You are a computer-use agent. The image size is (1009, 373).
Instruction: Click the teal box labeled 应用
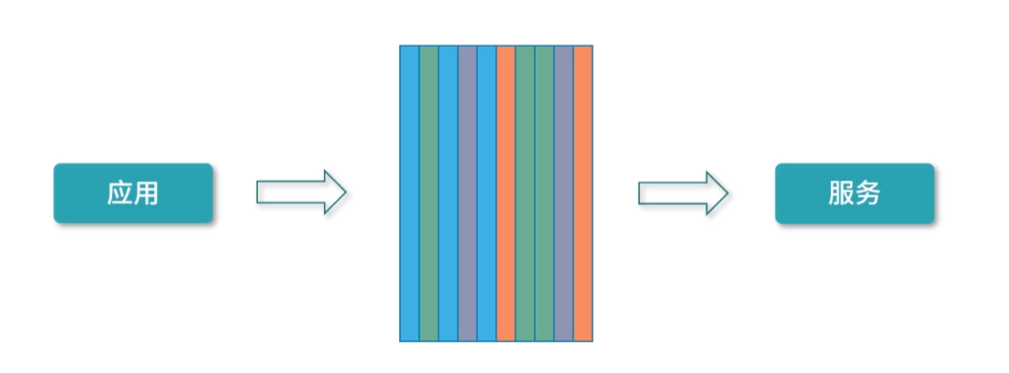click(133, 193)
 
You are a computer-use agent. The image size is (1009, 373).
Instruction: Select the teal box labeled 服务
click(854, 193)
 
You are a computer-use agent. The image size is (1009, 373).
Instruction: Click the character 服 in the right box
click(841, 193)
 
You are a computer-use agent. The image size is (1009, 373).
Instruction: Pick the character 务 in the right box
click(868, 193)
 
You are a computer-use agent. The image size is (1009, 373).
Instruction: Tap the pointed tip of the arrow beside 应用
click(344, 192)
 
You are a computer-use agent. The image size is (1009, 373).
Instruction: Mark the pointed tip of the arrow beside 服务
click(726, 192)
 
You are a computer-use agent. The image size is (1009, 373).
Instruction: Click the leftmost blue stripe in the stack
click(409, 192)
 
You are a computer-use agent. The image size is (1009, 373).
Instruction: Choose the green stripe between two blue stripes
click(428, 192)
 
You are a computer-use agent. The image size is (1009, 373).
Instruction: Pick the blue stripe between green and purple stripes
click(448, 192)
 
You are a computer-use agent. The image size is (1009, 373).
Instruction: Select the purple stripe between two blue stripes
click(467, 192)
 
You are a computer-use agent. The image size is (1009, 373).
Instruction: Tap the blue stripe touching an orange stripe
click(486, 192)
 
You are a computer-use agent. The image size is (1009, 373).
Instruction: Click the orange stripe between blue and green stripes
click(505, 192)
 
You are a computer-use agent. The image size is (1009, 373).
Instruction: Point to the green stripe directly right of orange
click(525, 192)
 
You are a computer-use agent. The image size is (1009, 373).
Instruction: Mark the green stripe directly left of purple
click(544, 192)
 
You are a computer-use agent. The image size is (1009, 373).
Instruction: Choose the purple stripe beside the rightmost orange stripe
click(563, 192)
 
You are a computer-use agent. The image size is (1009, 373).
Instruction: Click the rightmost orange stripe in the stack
click(583, 192)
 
